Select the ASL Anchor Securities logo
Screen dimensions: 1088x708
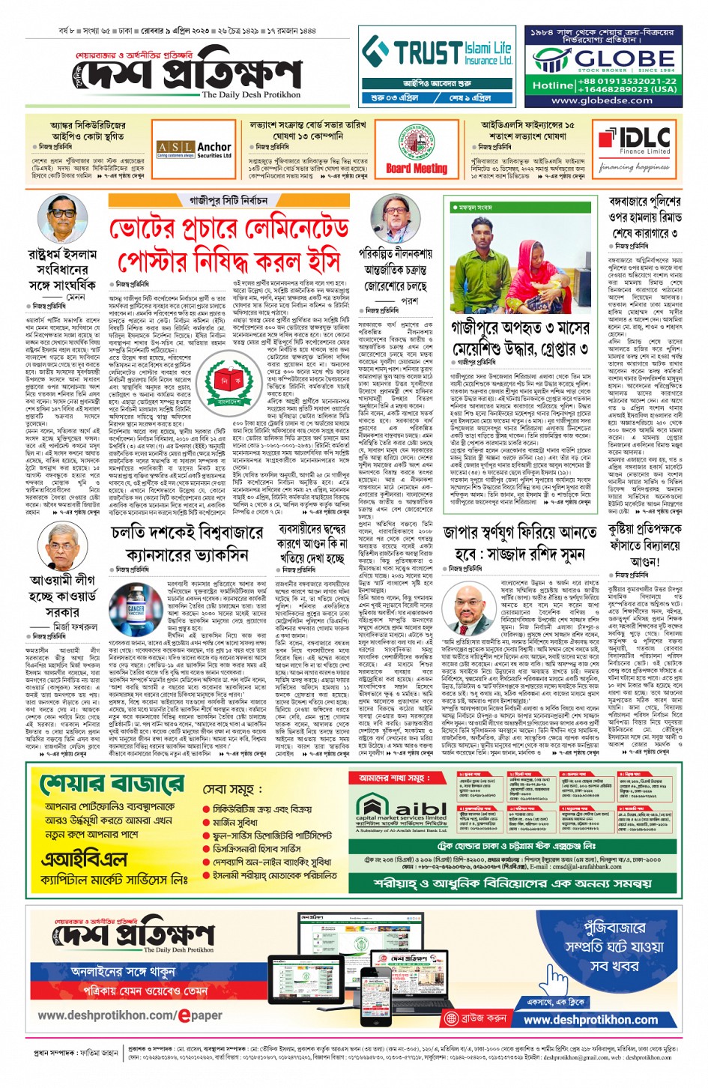click(194, 150)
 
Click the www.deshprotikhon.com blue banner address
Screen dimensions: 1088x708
click(591, 1020)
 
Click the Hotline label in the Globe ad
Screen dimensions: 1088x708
click(552, 85)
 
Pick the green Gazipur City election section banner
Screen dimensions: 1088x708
click(229, 200)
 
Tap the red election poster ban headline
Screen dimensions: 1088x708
click(229, 243)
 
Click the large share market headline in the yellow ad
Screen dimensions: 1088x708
click(112, 784)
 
